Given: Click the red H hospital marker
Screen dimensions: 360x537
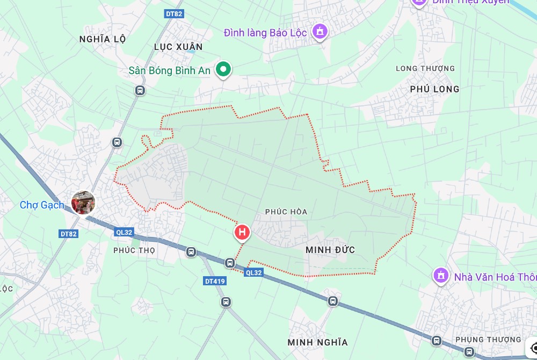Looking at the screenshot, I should pos(242,232).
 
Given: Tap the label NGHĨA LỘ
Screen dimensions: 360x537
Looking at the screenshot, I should pos(102,39).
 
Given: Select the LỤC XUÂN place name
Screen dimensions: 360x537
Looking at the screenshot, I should pos(178,47).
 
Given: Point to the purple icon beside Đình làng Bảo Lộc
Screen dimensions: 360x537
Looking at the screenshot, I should pos(321,32).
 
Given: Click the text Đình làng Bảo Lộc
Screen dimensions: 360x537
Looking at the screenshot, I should pos(265,33).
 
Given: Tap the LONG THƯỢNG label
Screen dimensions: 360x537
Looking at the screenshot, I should pos(425,68).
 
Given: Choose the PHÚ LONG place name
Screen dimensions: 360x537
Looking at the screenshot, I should pos(434,89).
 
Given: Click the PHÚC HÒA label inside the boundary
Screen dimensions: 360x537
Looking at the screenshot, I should pos(286,212).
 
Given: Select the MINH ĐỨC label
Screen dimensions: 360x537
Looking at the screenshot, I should pos(330,250).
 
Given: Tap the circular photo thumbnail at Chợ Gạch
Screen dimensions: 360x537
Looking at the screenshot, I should pos(83,203).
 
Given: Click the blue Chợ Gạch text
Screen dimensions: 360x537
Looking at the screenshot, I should pos(42,205).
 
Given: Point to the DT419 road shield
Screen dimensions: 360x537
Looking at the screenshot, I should pos(215,281).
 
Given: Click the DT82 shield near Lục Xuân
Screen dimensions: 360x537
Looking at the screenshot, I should pos(174,14).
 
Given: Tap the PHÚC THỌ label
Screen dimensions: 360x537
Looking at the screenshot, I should pos(134,250).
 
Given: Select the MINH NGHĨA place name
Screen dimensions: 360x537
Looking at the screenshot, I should pos(317,342).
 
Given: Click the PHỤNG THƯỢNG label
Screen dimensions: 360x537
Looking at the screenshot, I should pos(488,340).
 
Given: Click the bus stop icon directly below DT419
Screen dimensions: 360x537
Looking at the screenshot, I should pos(226,302).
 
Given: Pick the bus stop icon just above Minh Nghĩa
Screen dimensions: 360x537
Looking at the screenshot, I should pos(333,301).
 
